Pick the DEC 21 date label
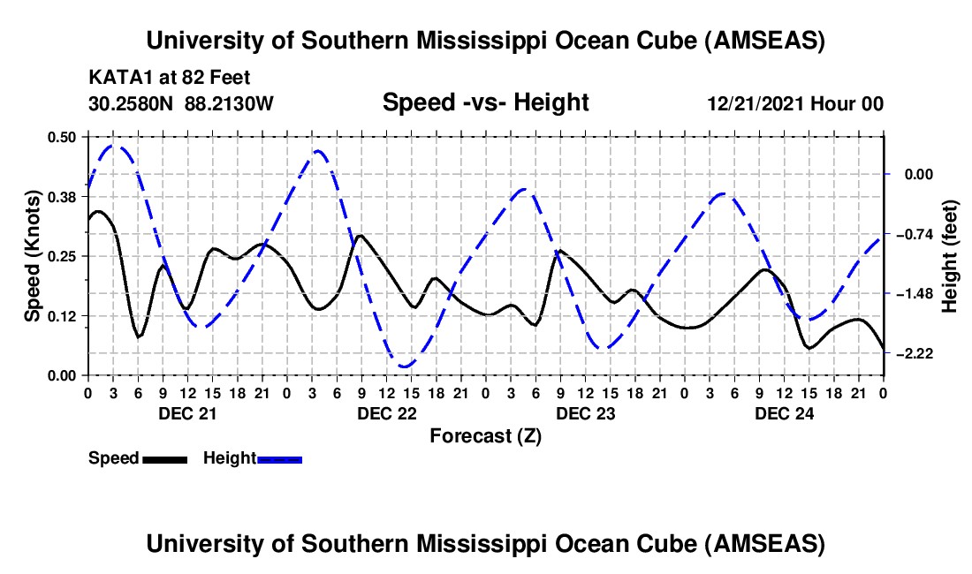(x=186, y=412)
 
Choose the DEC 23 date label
(x=584, y=412)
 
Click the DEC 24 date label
(x=783, y=412)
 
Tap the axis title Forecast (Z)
(x=485, y=435)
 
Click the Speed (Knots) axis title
(x=32, y=256)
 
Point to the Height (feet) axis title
(x=950, y=256)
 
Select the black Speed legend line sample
(x=164, y=458)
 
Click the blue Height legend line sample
(x=279, y=458)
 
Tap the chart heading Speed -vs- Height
(x=485, y=102)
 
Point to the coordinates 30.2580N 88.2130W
(x=181, y=103)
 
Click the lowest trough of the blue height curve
(x=405, y=366)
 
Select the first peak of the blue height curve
(x=114, y=146)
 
